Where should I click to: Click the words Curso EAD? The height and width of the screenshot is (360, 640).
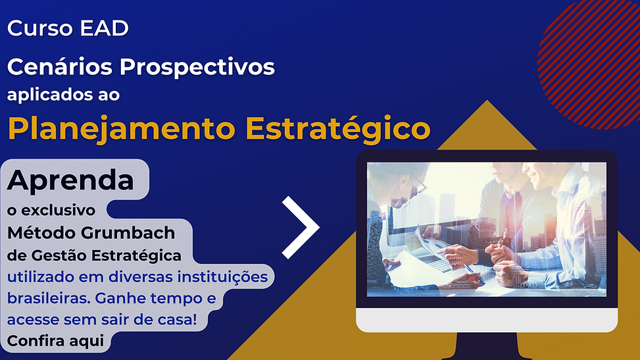68,29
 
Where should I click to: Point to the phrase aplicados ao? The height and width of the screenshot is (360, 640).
63,95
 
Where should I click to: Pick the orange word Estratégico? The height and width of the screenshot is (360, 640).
337,129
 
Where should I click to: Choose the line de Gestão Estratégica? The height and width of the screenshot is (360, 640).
94,255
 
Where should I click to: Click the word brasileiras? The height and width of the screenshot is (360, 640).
48,298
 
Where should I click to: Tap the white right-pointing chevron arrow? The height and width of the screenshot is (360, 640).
301,227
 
